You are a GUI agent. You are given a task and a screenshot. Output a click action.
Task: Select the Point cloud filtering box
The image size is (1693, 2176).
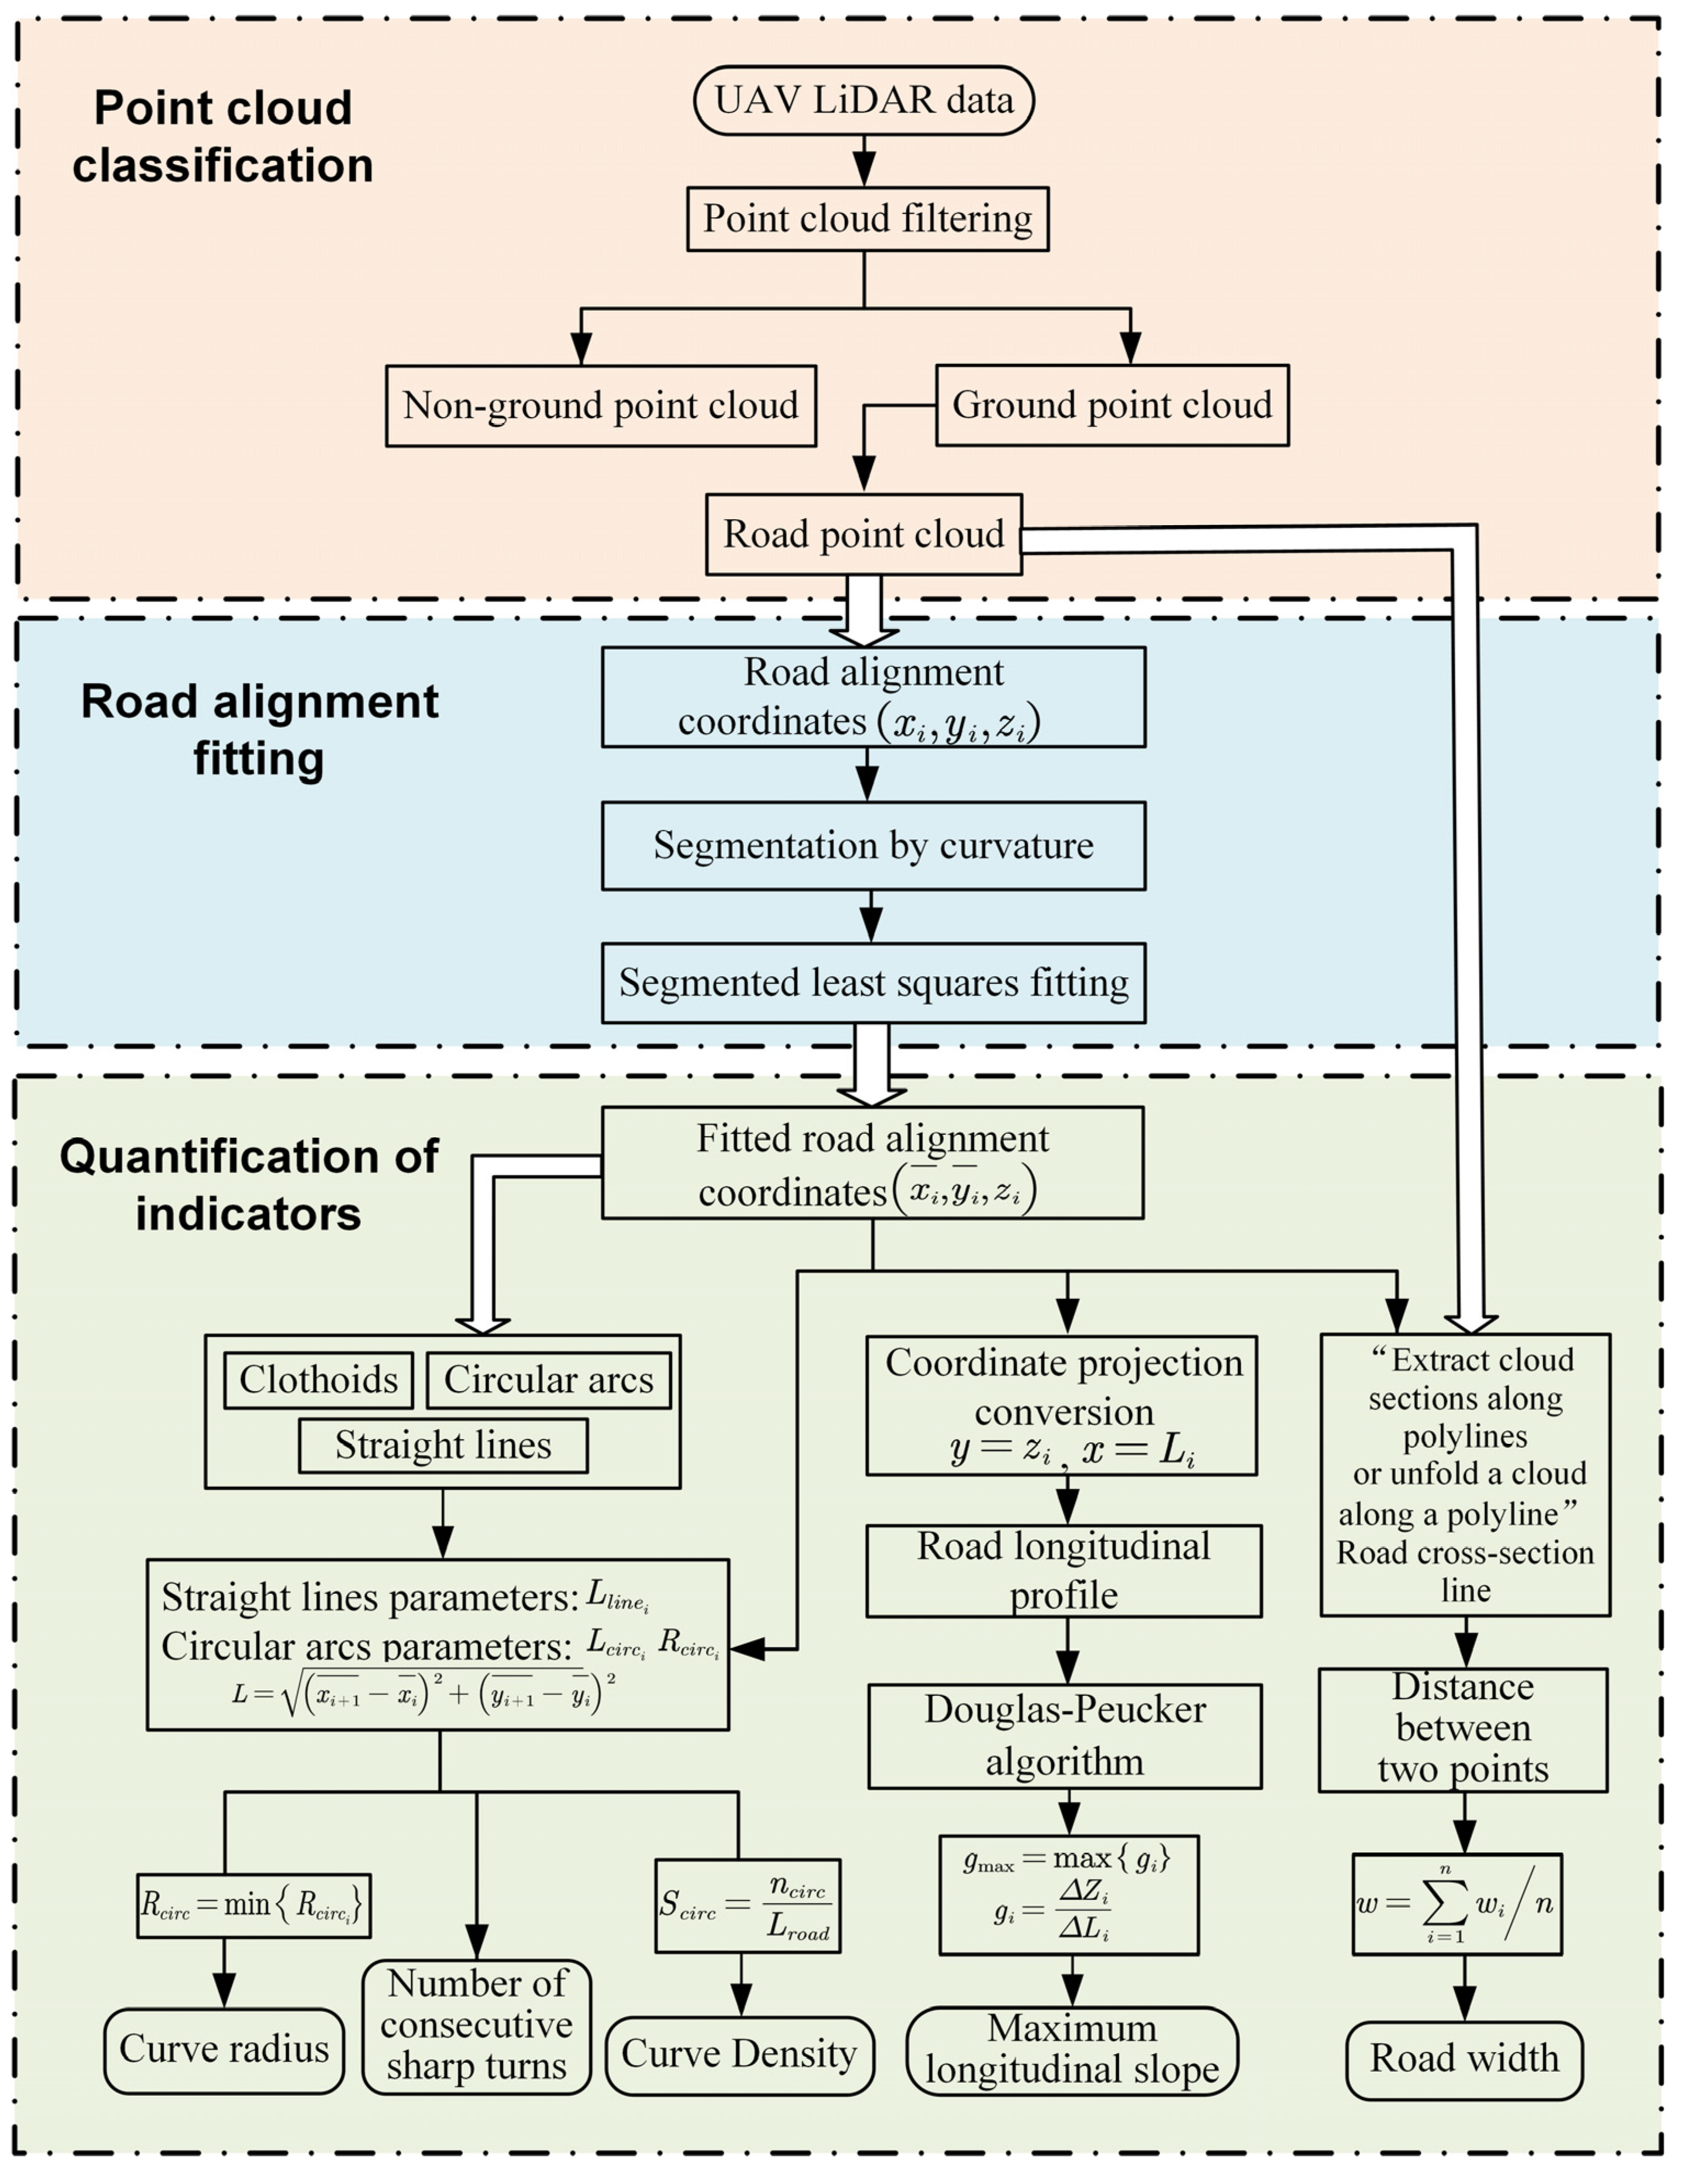[x=867, y=218]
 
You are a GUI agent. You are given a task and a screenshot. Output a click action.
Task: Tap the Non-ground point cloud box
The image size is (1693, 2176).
[x=601, y=406]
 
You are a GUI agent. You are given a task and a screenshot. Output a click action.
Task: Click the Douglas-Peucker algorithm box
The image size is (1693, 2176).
[x=1064, y=1736]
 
